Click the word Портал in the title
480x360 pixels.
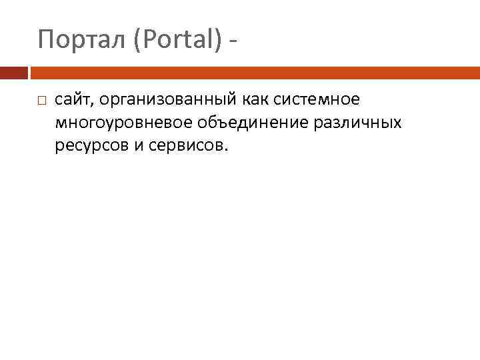pyautogui.click(x=83, y=41)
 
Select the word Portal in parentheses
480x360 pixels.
pyautogui.click(x=177, y=41)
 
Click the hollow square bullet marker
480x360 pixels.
pyautogui.click(x=41, y=101)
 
